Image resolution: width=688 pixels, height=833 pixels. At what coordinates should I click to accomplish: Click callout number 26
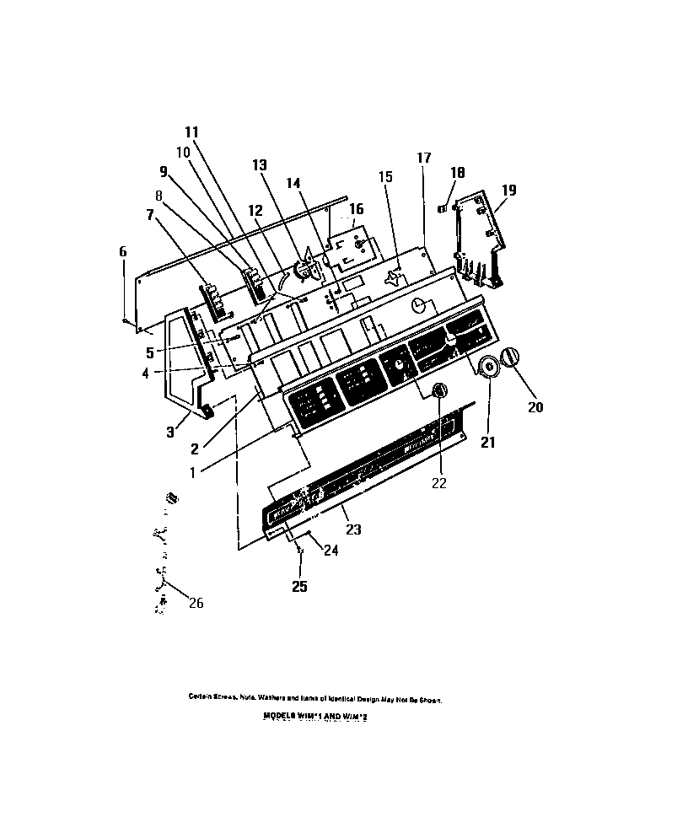(196, 603)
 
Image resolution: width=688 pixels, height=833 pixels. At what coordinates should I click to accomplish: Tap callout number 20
(535, 407)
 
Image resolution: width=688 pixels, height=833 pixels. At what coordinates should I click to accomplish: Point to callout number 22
(439, 483)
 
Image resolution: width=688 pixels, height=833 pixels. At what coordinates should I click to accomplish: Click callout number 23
(353, 529)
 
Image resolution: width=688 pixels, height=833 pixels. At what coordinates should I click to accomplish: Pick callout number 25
(298, 586)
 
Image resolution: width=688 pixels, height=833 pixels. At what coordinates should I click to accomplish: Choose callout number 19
(508, 191)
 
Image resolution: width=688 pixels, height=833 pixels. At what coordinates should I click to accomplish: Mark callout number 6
(123, 251)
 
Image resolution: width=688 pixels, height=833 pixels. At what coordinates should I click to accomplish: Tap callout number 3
(171, 432)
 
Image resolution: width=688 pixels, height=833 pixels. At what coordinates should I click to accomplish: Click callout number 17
(423, 158)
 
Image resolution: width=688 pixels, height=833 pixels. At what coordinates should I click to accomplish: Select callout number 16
(357, 208)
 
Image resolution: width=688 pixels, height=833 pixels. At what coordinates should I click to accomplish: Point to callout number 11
(191, 132)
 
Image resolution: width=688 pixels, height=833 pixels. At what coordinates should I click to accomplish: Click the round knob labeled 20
(512, 357)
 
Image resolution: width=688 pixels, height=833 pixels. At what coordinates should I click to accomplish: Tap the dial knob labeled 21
(486, 368)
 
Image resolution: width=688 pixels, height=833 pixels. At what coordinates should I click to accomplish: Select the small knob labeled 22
(438, 390)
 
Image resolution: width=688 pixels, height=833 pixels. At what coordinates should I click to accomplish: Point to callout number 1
(192, 472)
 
